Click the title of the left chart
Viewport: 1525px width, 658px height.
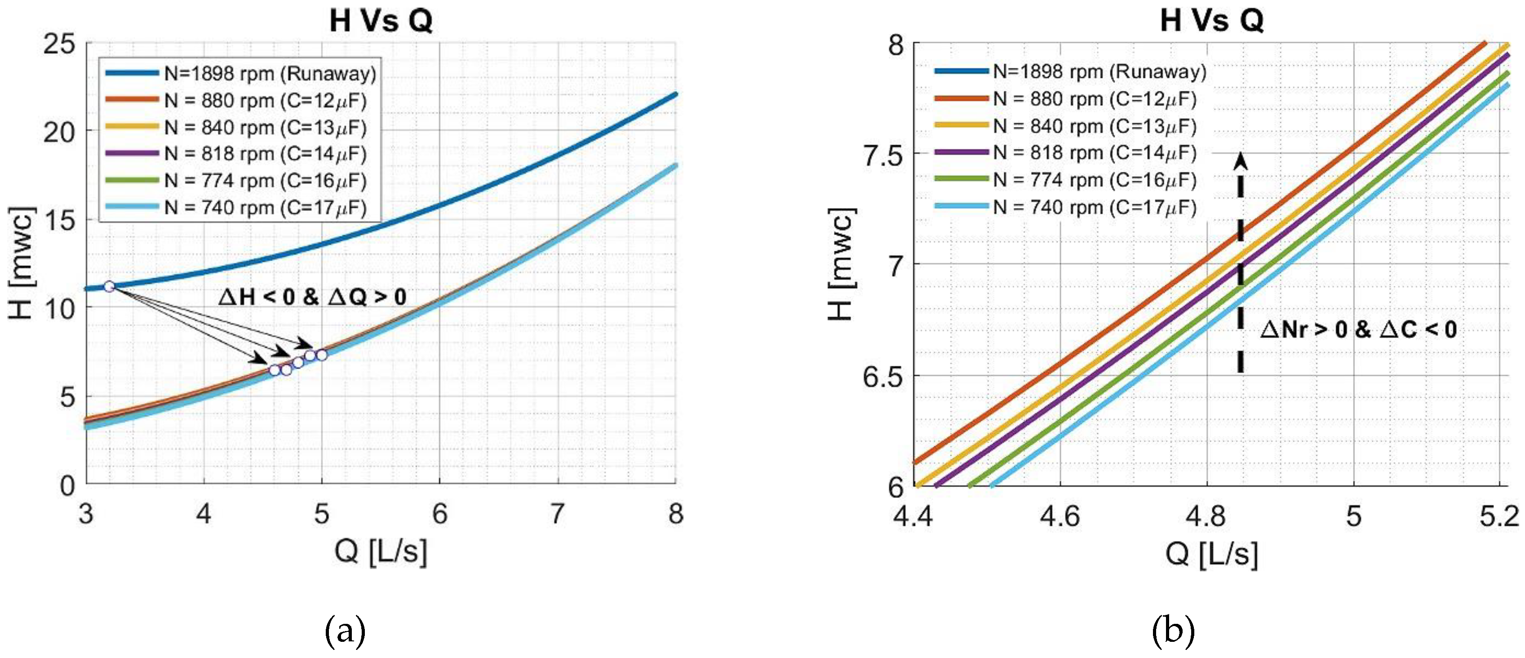(381, 21)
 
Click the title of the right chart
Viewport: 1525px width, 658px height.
(1211, 21)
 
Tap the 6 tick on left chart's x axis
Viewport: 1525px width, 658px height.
(439, 514)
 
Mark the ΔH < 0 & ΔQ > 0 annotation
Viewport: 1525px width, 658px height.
(312, 297)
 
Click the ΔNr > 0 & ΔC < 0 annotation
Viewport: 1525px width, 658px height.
(1358, 329)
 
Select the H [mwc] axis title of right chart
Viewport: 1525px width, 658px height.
(841, 264)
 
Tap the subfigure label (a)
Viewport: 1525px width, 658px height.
(345, 631)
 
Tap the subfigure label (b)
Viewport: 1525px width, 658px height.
(1172, 631)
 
